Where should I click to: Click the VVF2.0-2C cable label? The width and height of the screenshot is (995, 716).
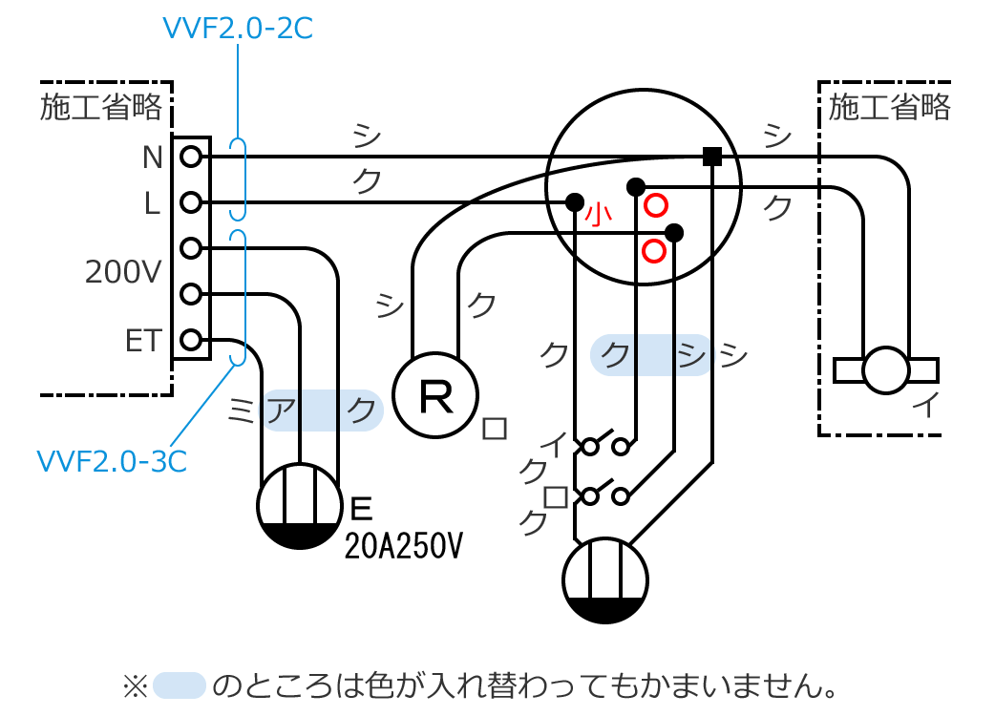click(x=238, y=29)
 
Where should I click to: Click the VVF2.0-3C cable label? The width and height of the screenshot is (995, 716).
click(x=111, y=461)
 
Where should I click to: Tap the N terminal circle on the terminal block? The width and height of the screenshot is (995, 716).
click(x=190, y=156)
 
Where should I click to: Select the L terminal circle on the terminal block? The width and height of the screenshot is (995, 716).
click(x=190, y=201)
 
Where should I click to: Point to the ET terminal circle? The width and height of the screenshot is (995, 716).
click(x=190, y=339)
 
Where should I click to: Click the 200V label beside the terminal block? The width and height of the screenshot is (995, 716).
click(x=123, y=273)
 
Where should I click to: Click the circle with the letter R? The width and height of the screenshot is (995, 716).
click(x=435, y=395)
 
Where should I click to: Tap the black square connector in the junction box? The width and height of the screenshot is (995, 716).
click(x=711, y=157)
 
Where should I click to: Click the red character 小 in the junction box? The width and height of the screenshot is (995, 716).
click(x=599, y=214)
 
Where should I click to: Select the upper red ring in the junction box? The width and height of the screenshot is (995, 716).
click(x=655, y=205)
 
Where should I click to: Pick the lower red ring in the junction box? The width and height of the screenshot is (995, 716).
click(x=654, y=251)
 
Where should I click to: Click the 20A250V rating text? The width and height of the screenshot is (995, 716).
click(x=404, y=546)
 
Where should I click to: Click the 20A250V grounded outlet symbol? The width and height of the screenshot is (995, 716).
click(x=300, y=506)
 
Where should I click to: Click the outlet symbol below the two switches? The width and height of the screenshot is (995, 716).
click(x=605, y=580)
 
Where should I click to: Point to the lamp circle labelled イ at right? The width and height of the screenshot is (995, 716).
click(x=885, y=369)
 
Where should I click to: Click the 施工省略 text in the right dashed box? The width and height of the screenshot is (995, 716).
click(x=889, y=107)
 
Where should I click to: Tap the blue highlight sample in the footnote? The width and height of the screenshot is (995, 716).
click(x=180, y=684)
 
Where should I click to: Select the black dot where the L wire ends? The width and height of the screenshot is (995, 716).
click(x=574, y=201)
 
